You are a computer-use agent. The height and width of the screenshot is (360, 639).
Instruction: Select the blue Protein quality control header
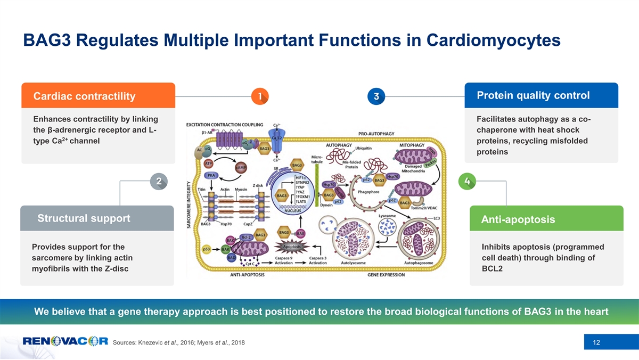[x=542, y=95]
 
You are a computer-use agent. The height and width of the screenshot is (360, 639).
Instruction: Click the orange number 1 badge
[x=259, y=96]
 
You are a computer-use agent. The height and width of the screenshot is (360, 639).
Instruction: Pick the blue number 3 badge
[x=376, y=96]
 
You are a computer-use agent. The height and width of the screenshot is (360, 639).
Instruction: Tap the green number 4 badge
[x=467, y=181]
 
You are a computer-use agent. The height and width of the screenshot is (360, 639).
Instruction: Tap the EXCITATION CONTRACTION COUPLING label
[x=224, y=125]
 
